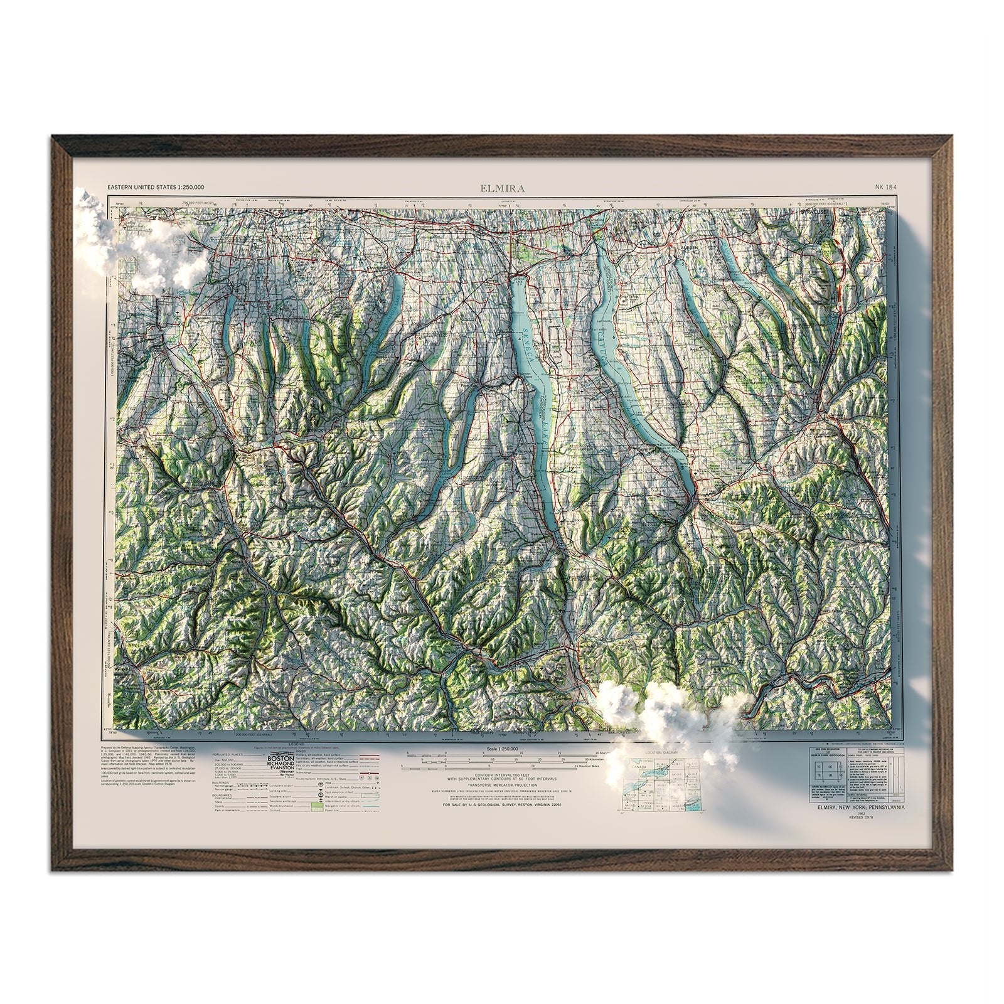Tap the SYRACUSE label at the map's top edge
tap(814, 213)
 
